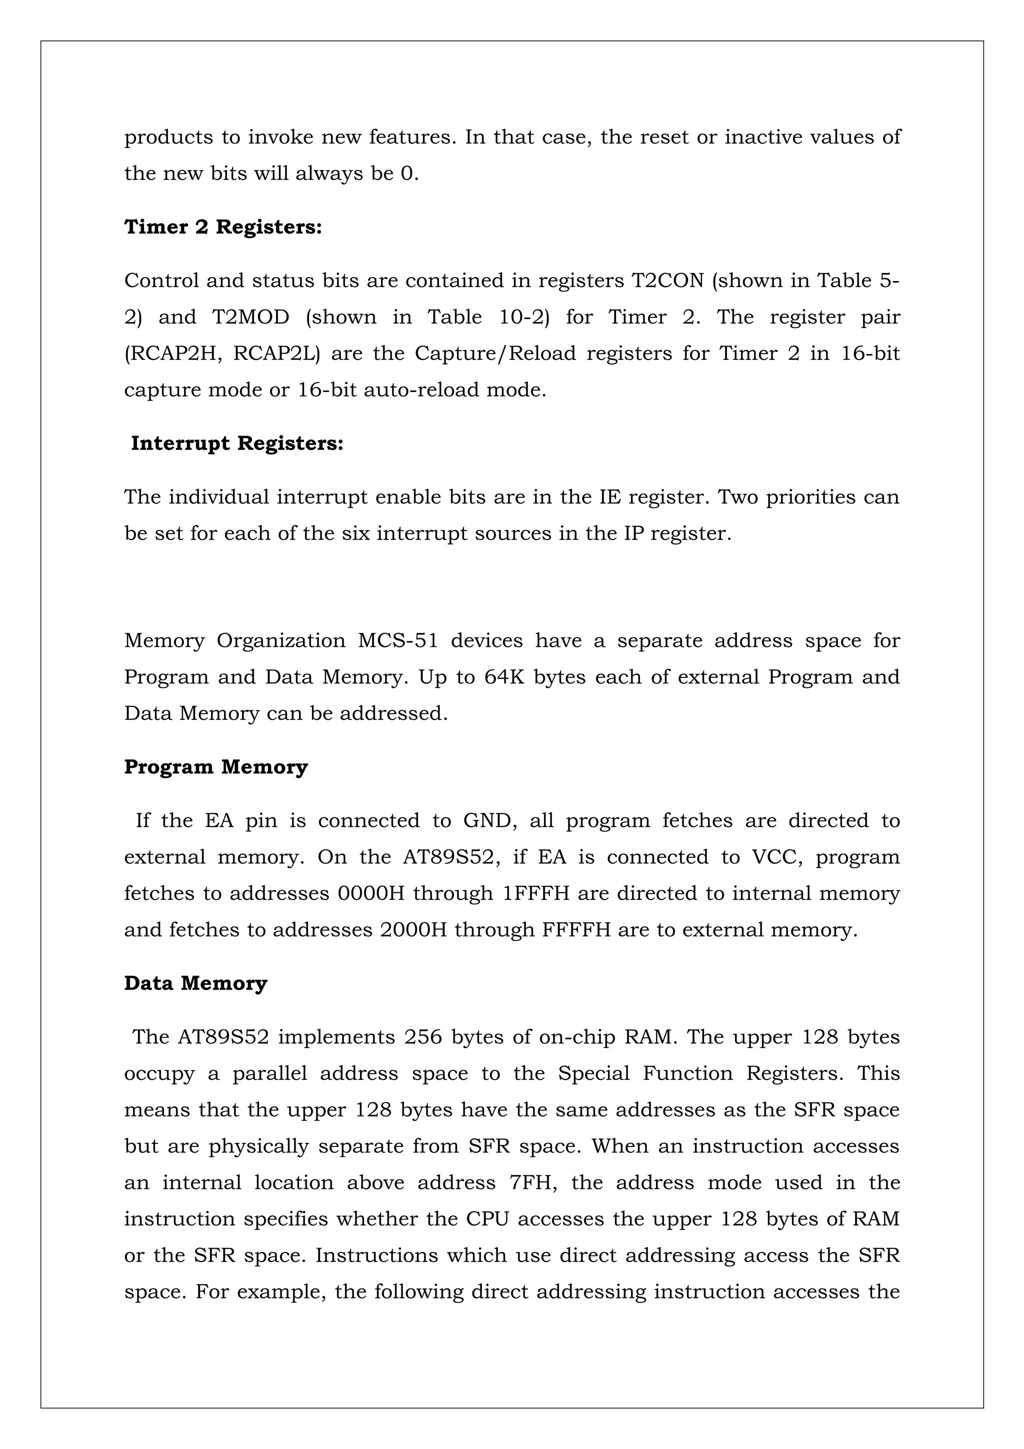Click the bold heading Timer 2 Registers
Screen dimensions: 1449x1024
222,227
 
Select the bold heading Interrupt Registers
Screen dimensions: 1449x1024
236,443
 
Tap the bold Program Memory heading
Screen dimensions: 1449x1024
216,767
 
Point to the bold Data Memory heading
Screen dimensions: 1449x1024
195,983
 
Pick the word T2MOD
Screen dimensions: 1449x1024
250,317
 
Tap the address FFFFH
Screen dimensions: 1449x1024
576,930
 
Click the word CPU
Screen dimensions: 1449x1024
487,1218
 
